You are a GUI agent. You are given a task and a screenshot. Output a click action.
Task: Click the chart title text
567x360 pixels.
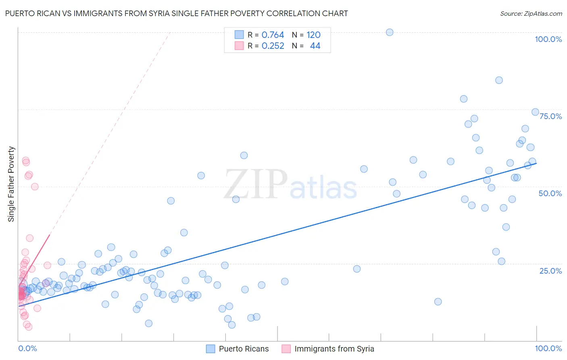point(176,13)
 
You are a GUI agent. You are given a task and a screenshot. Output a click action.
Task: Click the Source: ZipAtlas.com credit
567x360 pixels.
point(531,13)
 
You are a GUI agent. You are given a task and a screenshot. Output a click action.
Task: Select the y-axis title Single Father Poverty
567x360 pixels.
point(11,184)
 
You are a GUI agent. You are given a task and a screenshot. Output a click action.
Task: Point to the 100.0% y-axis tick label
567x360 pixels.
point(548,39)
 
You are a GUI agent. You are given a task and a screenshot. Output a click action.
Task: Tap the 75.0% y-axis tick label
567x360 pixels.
point(550,116)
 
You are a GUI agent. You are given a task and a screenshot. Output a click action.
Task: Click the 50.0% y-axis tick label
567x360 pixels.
point(550,193)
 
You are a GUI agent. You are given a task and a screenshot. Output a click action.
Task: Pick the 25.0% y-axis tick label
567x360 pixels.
point(550,271)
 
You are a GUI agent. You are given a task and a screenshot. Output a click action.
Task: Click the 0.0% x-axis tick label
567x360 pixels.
point(27,348)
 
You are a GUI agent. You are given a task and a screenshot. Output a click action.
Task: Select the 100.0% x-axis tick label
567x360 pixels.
point(548,348)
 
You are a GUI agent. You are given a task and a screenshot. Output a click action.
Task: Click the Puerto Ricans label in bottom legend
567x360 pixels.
point(244,349)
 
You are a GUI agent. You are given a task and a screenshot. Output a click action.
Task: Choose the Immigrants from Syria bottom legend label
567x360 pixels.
point(334,349)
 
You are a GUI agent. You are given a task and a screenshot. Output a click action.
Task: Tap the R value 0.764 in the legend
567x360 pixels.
point(273,35)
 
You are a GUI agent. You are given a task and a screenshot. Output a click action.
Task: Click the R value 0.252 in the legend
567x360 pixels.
point(273,46)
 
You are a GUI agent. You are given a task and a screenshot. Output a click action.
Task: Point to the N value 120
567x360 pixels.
point(313,35)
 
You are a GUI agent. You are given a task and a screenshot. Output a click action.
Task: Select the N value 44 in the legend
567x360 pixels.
point(315,46)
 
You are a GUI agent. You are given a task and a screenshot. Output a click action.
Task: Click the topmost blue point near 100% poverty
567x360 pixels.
point(390,32)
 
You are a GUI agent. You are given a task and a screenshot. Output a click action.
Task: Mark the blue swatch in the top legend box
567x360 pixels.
point(239,35)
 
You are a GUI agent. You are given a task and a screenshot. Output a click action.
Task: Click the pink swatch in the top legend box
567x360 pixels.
point(239,46)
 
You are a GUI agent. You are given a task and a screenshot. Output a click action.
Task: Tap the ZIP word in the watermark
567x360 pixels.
point(256,184)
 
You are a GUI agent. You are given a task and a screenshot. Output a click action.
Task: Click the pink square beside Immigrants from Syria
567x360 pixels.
point(286,349)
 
